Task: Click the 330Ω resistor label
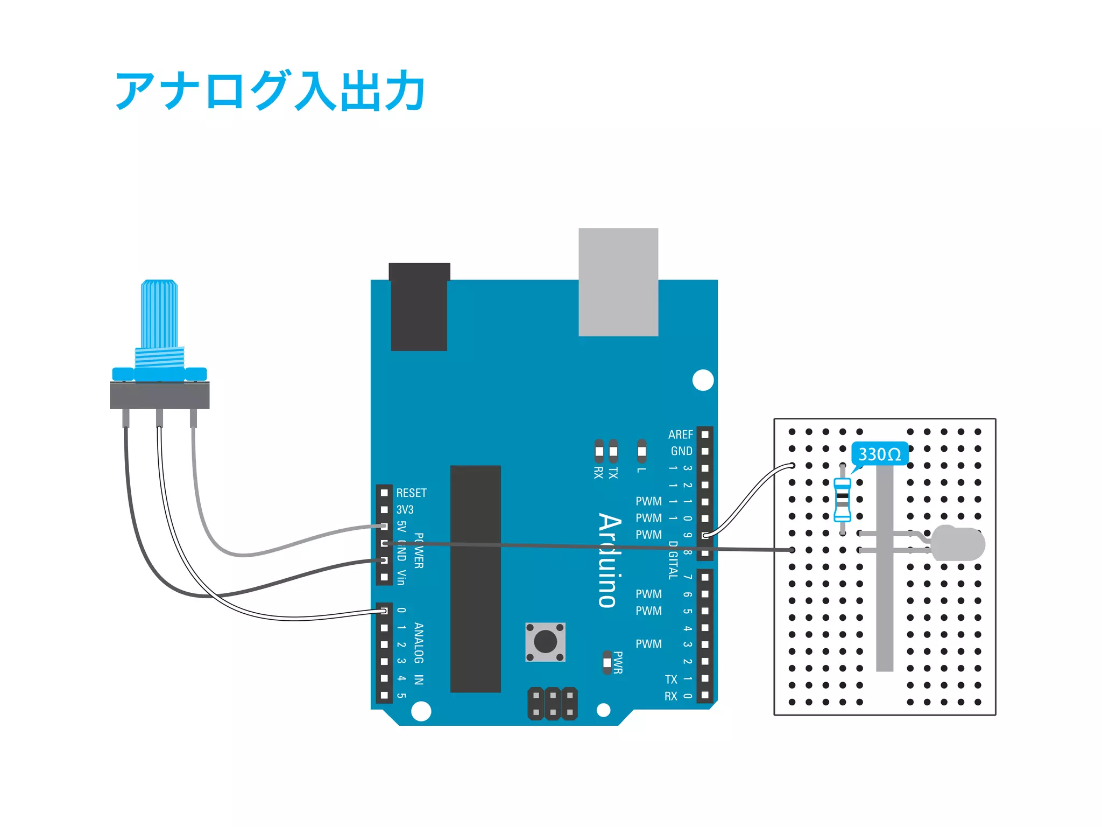(x=879, y=454)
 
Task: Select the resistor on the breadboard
(x=842, y=500)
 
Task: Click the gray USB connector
(x=618, y=282)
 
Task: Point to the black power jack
(x=419, y=306)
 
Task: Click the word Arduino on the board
(x=609, y=560)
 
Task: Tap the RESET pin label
(x=411, y=493)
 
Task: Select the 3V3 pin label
(x=405, y=509)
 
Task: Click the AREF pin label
(x=680, y=434)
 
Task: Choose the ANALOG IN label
(x=419, y=653)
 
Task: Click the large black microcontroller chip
(x=475, y=579)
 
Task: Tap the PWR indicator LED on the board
(x=607, y=663)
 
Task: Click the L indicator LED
(x=641, y=451)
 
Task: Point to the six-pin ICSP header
(x=553, y=703)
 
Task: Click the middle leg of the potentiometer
(x=159, y=417)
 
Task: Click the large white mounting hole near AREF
(x=703, y=380)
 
